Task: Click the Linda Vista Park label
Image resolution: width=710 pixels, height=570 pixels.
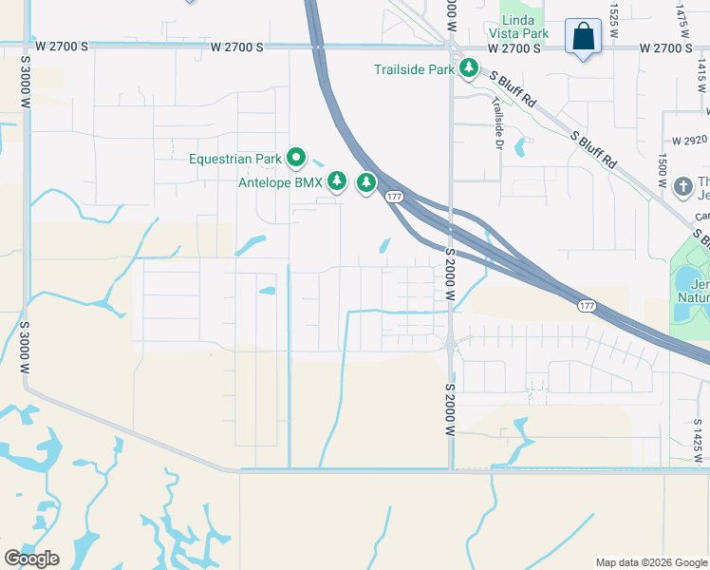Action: pos(524,27)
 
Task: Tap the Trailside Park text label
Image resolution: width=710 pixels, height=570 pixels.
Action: pos(415,69)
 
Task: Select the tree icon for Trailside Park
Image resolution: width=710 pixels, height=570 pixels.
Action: pos(468,68)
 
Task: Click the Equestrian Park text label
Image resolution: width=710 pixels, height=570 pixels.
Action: pos(235,159)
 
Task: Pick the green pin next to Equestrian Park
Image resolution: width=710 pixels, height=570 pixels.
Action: pos(297,158)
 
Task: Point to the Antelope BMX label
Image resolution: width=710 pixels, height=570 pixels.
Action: pos(280,181)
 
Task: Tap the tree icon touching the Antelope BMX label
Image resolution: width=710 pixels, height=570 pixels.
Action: pos(336,180)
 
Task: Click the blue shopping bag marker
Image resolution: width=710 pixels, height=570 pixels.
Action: pos(583,38)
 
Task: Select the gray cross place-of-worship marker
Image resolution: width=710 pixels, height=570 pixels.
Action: pos(682,186)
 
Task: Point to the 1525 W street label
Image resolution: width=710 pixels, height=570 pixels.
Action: pos(614,14)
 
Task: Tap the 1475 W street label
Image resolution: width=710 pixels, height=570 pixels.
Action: pos(681,15)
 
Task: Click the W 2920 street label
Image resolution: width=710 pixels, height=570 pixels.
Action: pos(688,139)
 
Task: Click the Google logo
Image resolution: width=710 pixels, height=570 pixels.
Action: pos(31,558)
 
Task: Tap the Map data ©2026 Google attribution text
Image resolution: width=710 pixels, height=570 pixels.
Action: pos(651,562)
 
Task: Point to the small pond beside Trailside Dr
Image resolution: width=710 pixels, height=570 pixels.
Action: pos(519,147)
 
